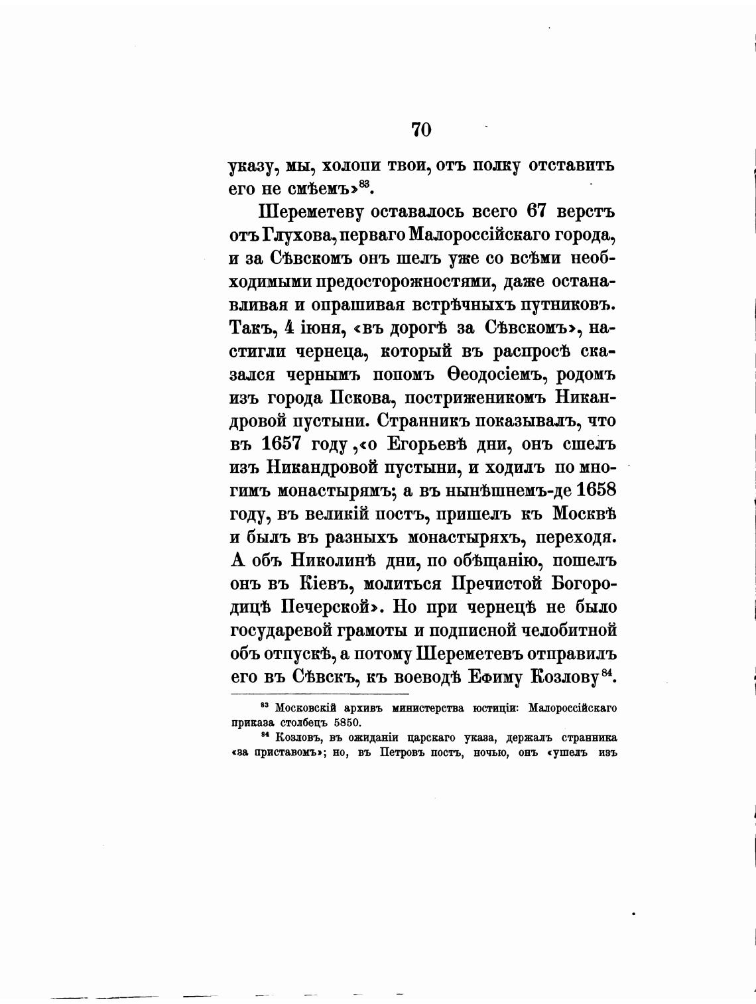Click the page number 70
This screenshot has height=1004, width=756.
click(421, 129)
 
